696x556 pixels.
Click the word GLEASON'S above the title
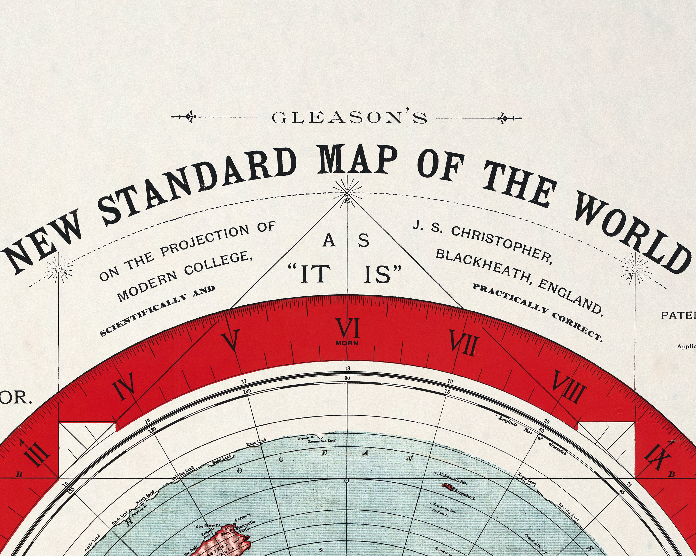(x=349, y=118)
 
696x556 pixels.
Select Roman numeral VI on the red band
(x=347, y=328)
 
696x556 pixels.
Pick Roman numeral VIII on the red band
(x=569, y=387)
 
